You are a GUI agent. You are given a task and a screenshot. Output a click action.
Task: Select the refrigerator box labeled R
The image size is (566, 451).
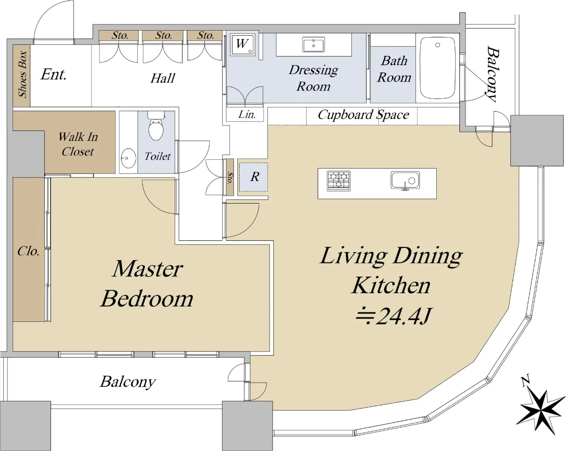coord(254,177)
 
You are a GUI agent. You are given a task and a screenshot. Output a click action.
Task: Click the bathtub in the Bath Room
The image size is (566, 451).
coord(437,67)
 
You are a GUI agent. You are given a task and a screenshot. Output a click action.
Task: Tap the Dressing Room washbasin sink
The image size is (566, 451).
coord(314,45)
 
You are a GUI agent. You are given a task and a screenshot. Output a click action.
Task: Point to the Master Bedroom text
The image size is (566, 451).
coord(147,284)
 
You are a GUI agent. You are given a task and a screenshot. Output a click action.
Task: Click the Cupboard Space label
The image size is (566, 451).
coord(363,115)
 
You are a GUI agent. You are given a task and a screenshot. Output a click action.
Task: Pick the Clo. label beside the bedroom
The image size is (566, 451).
coord(28,251)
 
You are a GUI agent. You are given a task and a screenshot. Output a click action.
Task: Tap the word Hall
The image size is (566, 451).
coord(163,78)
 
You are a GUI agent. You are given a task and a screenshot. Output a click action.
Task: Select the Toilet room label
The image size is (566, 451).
coord(158,156)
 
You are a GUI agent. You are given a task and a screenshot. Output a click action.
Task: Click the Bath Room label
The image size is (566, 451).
coord(394,69)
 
